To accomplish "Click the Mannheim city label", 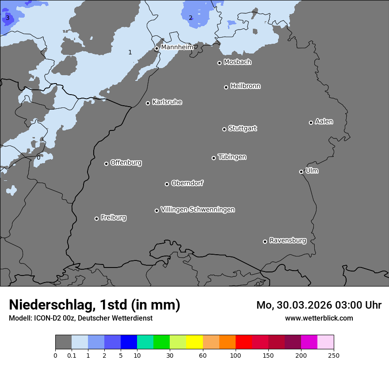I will pyautogui.click(x=177, y=47).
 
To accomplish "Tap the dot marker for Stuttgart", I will pyautogui.click(x=224, y=129).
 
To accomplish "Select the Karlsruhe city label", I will pyautogui.click(x=167, y=102).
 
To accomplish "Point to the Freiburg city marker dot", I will pyautogui.click(x=96, y=218).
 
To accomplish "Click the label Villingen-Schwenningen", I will pyautogui.click(x=198, y=210).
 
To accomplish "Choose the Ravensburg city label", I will pyautogui.click(x=287, y=241).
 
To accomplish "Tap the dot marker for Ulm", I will pyautogui.click(x=301, y=172).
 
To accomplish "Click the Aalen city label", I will pyautogui.click(x=324, y=122).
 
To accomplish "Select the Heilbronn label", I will pyautogui.click(x=245, y=86).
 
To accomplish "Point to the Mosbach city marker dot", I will pyautogui.click(x=219, y=63).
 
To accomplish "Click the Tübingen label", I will pyautogui.click(x=232, y=157).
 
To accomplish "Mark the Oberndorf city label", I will pyautogui.click(x=187, y=183).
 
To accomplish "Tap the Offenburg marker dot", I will pyautogui.click(x=106, y=164).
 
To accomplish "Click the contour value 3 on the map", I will pyautogui.click(x=8, y=18).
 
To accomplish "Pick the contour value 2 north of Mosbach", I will pyautogui.click(x=191, y=18).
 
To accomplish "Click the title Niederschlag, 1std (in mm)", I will pyautogui.click(x=95, y=305).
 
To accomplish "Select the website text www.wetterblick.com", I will pyautogui.click(x=319, y=318).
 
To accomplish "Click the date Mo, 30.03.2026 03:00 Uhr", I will pyautogui.click(x=319, y=305).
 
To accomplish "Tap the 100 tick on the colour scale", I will pyautogui.click(x=236, y=355).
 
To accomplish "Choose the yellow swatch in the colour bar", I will pyautogui.click(x=194, y=342).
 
